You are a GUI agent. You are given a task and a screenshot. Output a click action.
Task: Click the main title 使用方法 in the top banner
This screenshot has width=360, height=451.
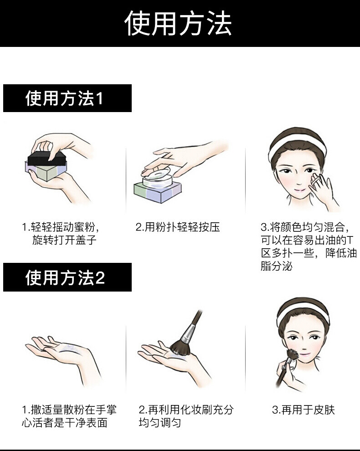click(179, 23)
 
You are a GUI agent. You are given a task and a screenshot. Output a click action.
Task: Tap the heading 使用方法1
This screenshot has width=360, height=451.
click(65, 98)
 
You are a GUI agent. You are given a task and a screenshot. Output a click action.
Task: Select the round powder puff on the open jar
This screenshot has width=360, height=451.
click(155, 173)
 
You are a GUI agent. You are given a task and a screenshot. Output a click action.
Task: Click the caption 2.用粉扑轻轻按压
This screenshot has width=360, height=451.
click(178, 227)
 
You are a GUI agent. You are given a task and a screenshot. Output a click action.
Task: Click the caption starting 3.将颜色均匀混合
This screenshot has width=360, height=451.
click(308, 246)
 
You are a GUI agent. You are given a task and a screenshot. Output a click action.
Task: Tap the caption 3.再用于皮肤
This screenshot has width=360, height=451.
click(303, 410)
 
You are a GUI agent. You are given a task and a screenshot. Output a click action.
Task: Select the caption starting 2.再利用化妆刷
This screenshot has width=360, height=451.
click(185, 416)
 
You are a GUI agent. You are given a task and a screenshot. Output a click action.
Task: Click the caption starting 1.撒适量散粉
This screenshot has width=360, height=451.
click(69, 416)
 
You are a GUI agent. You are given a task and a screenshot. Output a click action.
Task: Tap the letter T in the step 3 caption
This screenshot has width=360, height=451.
click(350, 240)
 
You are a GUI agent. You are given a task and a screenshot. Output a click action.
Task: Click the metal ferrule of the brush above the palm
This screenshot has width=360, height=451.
click(187, 334)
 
